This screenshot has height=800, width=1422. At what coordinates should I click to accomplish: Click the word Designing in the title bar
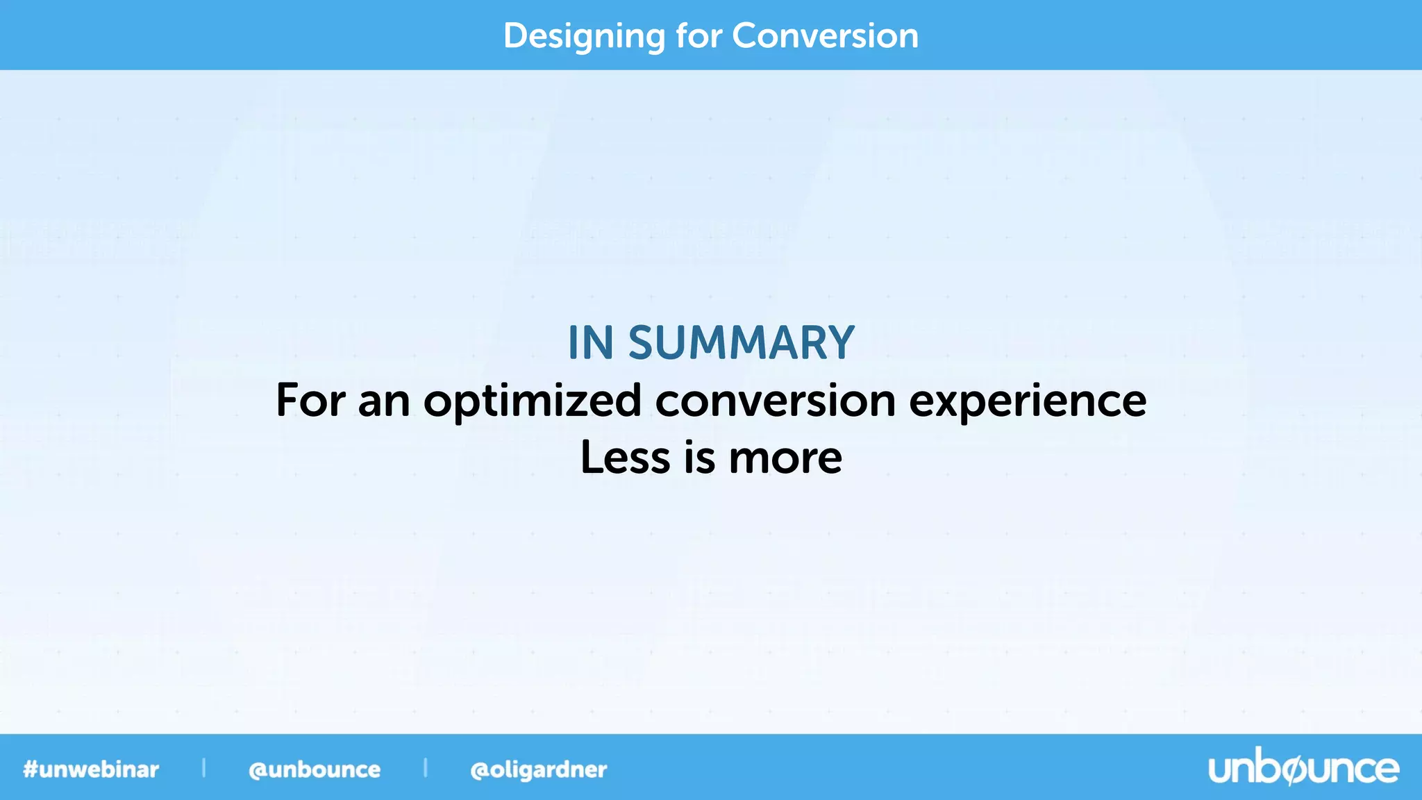(x=583, y=36)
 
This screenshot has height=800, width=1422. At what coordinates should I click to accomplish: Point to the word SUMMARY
(x=741, y=343)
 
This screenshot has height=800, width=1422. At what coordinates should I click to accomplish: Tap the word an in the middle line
(x=384, y=401)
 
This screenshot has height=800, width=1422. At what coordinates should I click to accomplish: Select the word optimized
(x=533, y=401)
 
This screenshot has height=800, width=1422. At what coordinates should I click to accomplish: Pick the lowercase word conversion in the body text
(x=776, y=401)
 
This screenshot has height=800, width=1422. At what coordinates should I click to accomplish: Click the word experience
(x=1028, y=401)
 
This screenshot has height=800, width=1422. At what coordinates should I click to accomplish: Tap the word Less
(x=625, y=458)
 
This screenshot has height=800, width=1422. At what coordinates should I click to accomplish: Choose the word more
(x=785, y=459)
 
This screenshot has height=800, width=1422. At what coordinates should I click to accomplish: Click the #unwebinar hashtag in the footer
(x=91, y=769)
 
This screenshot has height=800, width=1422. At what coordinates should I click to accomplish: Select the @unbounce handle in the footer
(x=315, y=769)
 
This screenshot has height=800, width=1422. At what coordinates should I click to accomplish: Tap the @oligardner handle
(x=538, y=769)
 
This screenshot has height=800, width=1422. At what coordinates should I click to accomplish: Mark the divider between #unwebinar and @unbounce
(x=203, y=768)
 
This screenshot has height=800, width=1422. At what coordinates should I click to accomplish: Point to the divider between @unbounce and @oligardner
(x=425, y=768)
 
